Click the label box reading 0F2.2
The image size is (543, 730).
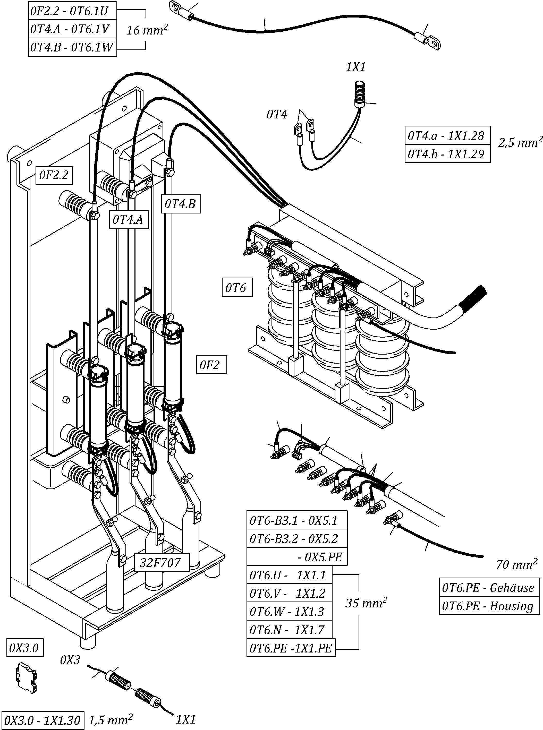54,175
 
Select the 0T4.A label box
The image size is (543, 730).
128,219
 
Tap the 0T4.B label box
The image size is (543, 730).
181,204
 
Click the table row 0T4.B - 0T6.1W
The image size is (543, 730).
72,47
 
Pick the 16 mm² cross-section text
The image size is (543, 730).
147,30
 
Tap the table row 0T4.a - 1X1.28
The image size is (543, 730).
447,135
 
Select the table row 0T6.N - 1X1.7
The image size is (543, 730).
289,630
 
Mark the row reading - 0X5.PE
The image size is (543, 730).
296,556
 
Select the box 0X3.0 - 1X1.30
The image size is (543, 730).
43,720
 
